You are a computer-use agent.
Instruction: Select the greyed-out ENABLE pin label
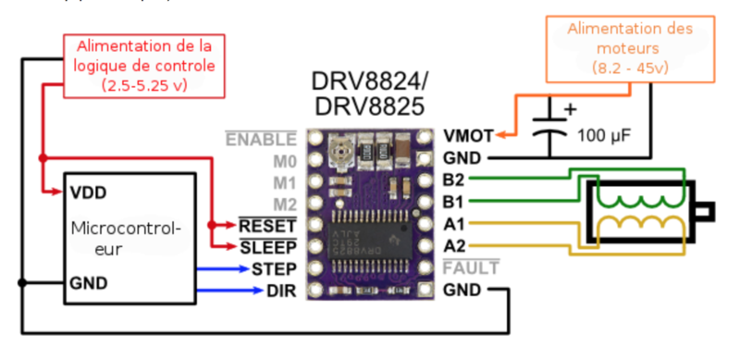pos(263,139)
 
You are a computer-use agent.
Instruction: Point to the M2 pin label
pos(284,204)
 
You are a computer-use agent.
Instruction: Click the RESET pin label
pos(268,226)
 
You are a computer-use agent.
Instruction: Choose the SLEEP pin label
pos(268,247)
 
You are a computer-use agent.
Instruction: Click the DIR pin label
pos(281,292)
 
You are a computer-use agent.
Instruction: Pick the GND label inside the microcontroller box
pos(88,282)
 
